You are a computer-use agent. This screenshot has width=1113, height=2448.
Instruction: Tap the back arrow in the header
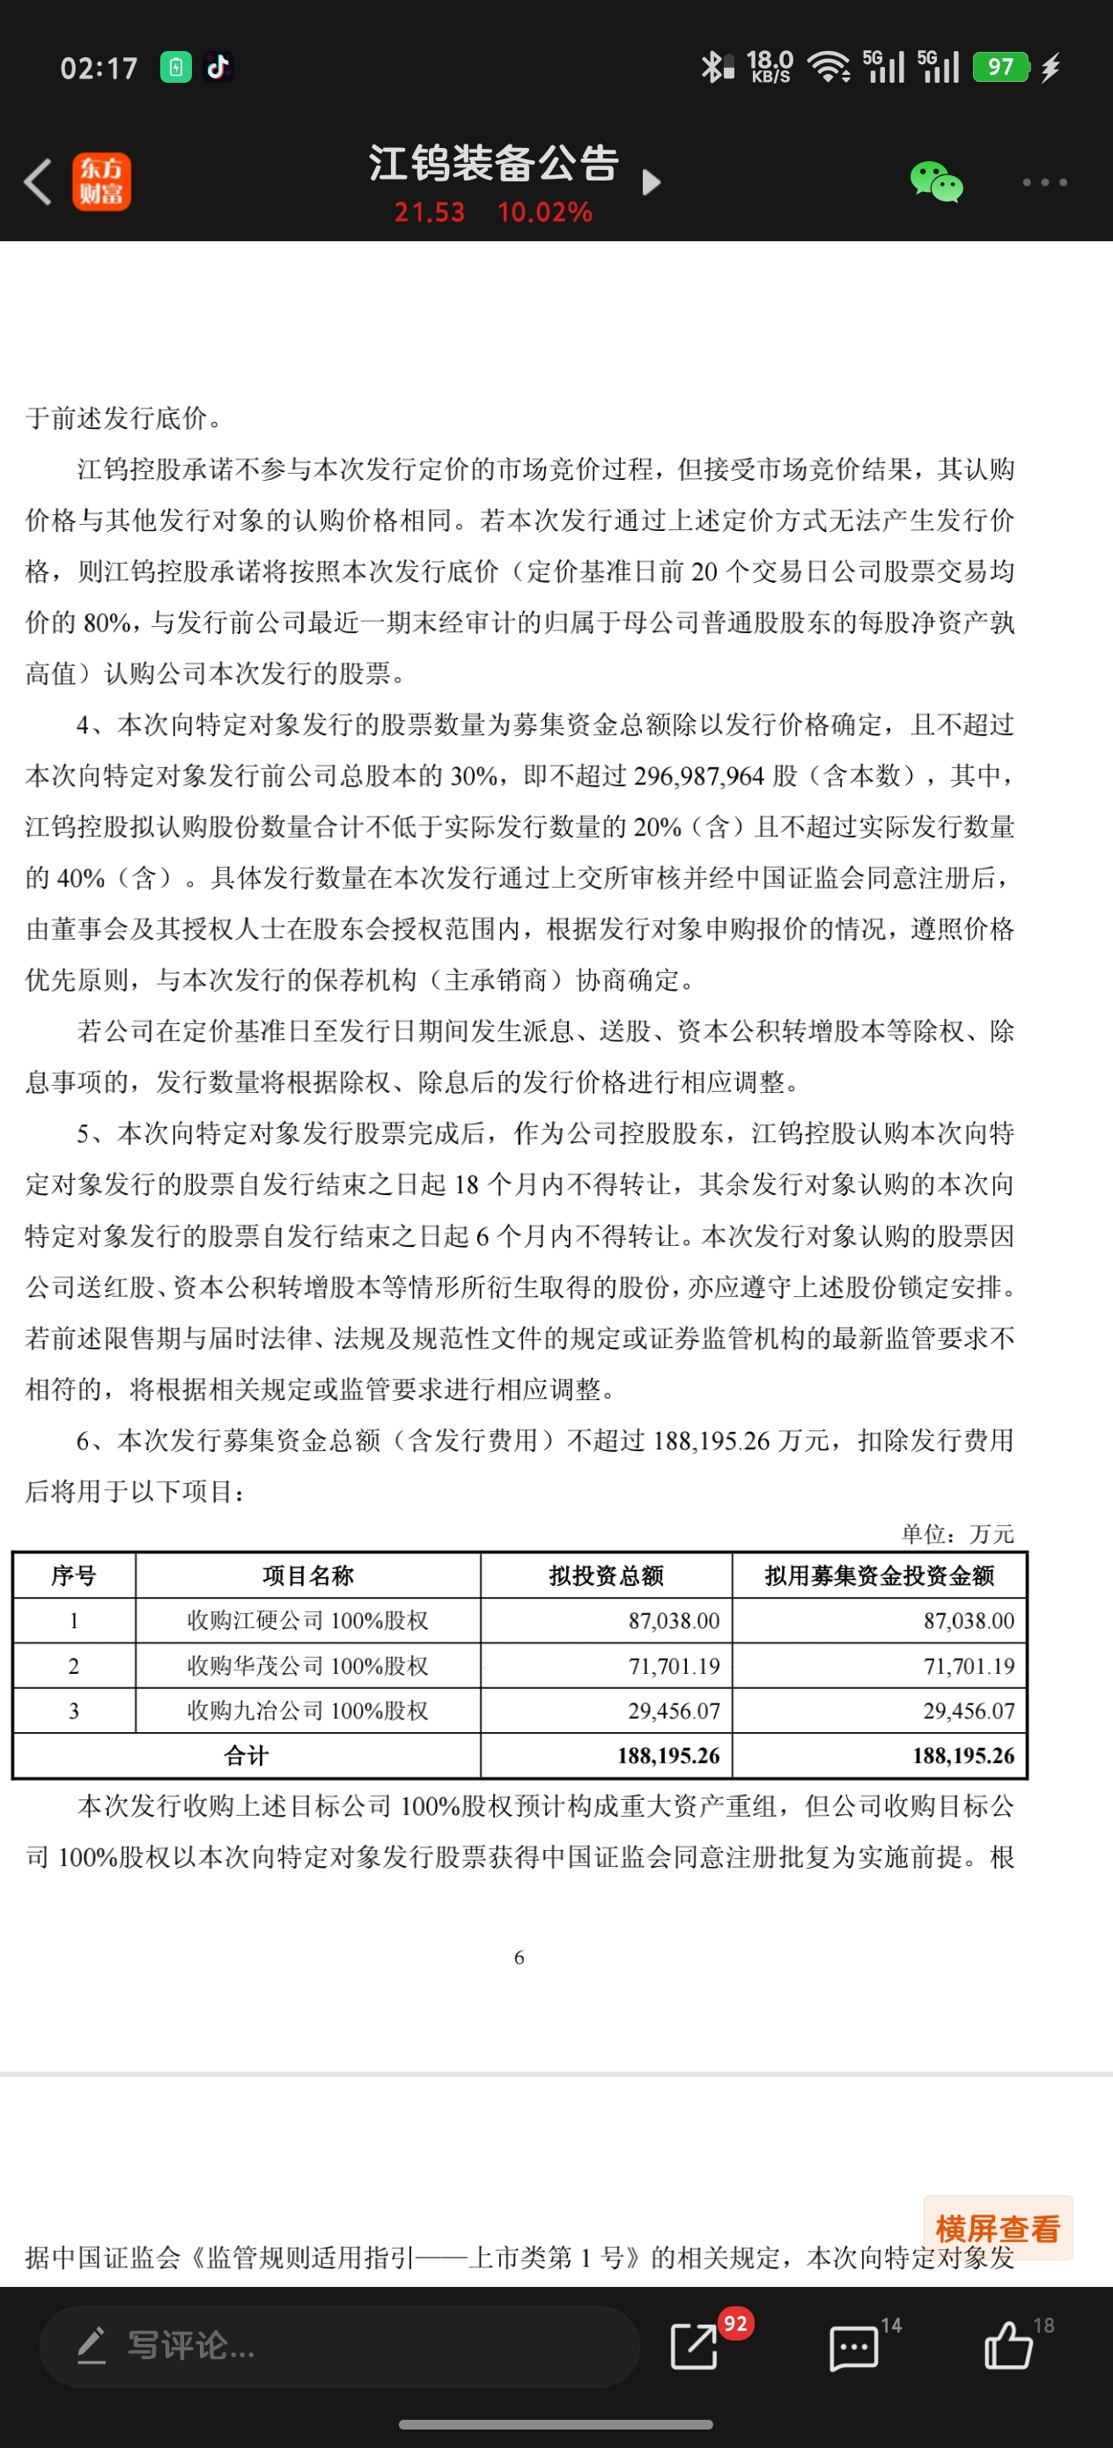tap(38, 181)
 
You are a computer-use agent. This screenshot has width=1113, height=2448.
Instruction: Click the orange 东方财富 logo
tap(101, 181)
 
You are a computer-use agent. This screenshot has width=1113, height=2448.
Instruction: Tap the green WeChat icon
tap(936, 181)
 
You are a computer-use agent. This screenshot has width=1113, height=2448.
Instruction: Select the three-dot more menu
tap(1044, 181)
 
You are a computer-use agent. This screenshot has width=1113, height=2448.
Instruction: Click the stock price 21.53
tap(430, 212)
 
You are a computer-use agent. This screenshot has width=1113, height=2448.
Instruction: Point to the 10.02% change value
tap(545, 212)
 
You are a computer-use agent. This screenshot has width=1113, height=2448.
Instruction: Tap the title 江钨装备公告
tap(494, 164)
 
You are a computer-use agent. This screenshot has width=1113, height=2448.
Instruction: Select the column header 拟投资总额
tap(607, 1575)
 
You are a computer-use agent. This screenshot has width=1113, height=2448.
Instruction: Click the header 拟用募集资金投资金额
tap(879, 1575)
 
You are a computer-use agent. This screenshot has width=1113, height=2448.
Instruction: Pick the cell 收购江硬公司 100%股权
tap(308, 1620)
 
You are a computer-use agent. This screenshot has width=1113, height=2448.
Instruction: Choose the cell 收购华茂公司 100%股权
tap(308, 1666)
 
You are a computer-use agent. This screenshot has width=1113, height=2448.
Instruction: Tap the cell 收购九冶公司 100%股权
tap(308, 1711)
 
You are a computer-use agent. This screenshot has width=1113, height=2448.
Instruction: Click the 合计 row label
tap(247, 1755)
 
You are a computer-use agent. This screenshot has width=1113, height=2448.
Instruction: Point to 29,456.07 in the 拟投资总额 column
tap(674, 1711)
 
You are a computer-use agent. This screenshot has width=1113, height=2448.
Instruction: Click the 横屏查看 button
tap(997, 2228)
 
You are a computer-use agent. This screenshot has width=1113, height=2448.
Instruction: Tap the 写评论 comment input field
tap(338, 2345)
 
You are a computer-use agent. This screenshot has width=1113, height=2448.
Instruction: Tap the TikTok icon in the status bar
tap(218, 68)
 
